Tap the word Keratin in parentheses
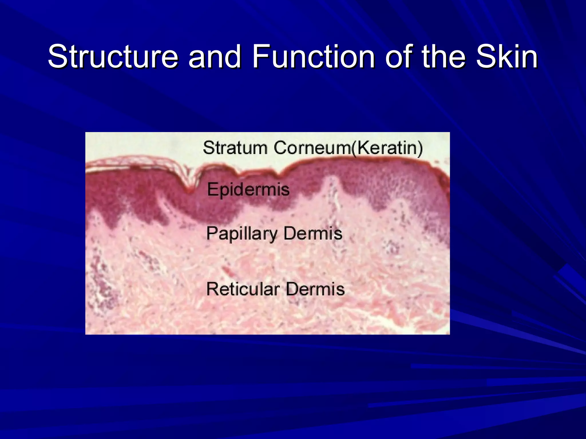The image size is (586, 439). click(388, 148)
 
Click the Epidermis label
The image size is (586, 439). click(248, 189)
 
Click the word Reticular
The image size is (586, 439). click(243, 289)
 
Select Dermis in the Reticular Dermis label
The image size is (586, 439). click(315, 289)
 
